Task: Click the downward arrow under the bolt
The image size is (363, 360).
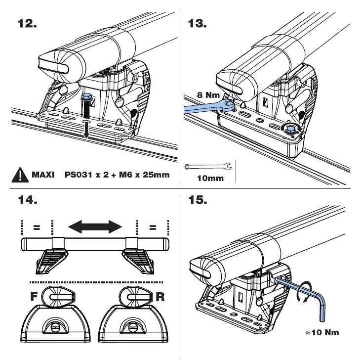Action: click(x=86, y=131)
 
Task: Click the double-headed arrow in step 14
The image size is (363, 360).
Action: click(x=95, y=227)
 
